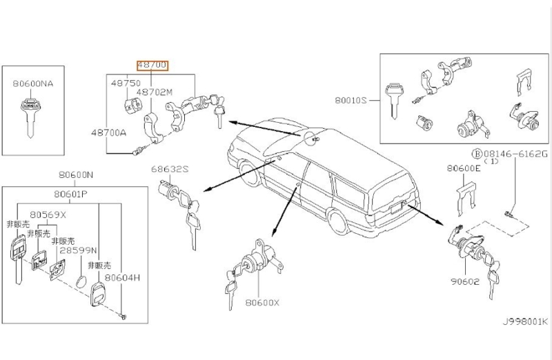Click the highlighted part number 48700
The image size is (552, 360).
click(152, 66)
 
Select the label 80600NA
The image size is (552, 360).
click(32, 83)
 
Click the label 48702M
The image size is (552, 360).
click(154, 91)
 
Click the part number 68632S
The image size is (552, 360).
click(169, 170)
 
